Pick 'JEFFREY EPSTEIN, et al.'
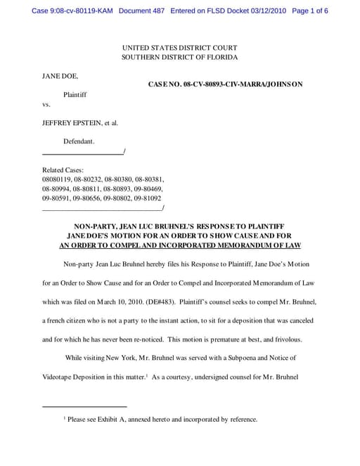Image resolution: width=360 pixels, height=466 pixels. (80, 122)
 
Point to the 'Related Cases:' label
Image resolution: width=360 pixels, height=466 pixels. (63, 170)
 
